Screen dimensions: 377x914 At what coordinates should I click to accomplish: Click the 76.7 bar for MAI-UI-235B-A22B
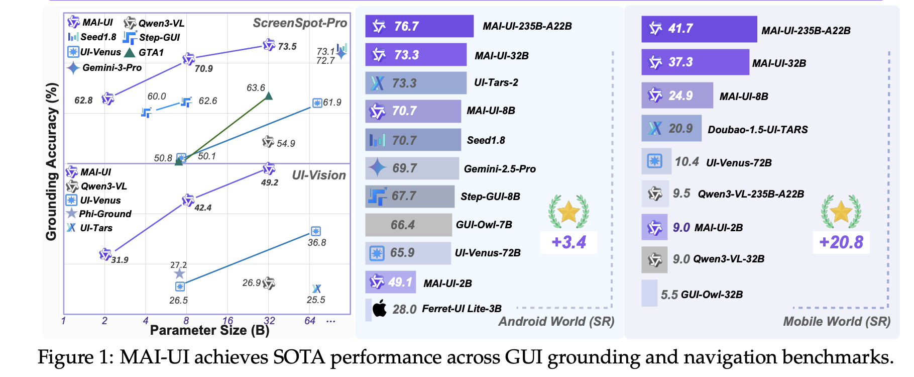pyautogui.click(x=419, y=26)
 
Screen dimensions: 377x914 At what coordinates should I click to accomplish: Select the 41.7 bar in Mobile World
pyautogui.click(x=699, y=29)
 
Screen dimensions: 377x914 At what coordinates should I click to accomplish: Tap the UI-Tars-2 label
pyautogui.click(x=496, y=82)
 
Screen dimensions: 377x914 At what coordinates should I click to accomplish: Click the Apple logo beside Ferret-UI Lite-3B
pyautogui.click(x=380, y=308)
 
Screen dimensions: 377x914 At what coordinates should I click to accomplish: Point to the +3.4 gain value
pyautogui.click(x=568, y=242)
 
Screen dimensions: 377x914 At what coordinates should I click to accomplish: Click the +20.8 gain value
pyautogui.click(x=841, y=242)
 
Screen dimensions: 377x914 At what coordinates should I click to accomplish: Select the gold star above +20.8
pyautogui.click(x=841, y=212)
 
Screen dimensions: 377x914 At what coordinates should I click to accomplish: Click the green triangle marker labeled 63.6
pyautogui.click(x=269, y=96)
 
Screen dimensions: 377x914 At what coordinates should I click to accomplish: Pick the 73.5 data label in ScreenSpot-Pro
pyautogui.click(x=287, y=47)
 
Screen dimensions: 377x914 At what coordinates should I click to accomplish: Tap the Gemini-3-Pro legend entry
pyautogui.click(x=105, y=67)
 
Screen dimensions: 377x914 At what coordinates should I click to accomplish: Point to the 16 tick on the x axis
pyautogui.click(x=227, y=321)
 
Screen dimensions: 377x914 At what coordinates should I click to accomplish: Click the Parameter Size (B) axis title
pyautogui.click(x=209, y=331)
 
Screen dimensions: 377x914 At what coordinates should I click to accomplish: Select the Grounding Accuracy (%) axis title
pyautogui.click(x=52, y=161)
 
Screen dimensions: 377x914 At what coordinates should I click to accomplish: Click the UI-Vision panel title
pyautogui.click(x=319, y=175)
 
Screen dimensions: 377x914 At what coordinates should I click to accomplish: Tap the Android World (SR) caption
pyautogui.click(x=556, y=321)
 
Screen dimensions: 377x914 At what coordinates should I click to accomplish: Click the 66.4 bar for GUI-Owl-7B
pyautogui.click(x=408, y=225)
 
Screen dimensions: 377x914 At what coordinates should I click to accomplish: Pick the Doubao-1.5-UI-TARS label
pyautogui.click(x=757, y=130)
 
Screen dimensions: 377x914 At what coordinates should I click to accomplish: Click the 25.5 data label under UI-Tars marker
pyautogui.click(x=316, y=300)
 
